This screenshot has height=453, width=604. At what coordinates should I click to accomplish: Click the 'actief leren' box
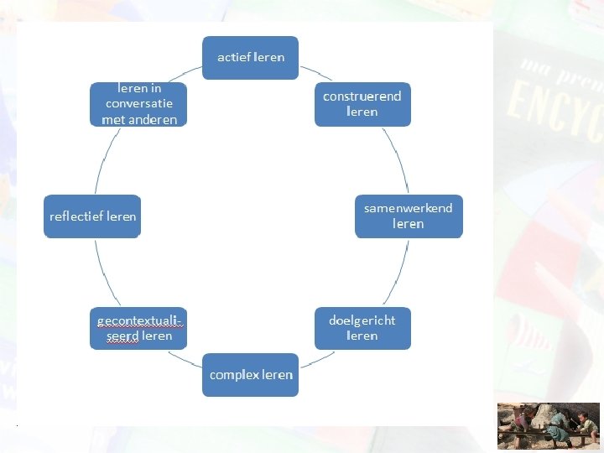click(251, 58)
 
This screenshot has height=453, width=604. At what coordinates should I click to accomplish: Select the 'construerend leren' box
click(362, 104)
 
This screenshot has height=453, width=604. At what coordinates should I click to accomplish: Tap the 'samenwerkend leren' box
click(409, 216)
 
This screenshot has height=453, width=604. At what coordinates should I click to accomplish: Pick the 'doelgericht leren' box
click(362, 328)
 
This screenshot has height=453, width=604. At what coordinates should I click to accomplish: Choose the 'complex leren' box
click(251, 374)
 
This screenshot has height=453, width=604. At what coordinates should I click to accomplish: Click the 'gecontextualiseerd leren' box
click(138, 328)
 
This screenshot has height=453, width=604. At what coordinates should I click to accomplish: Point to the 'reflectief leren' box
click(92, 216)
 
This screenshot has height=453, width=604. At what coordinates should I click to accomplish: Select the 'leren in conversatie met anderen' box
click(138, 103)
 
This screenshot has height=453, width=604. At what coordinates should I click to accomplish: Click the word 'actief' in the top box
click(233, 57)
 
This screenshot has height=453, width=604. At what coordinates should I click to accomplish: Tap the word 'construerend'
click(362, 96)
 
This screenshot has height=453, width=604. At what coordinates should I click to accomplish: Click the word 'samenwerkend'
click(409, 207)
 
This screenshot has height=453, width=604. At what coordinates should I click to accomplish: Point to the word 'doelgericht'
click(362, 320)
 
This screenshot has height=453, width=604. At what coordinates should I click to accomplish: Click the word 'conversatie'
click(139, 103)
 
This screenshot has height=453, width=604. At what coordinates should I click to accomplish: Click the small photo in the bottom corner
click(549, 425)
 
